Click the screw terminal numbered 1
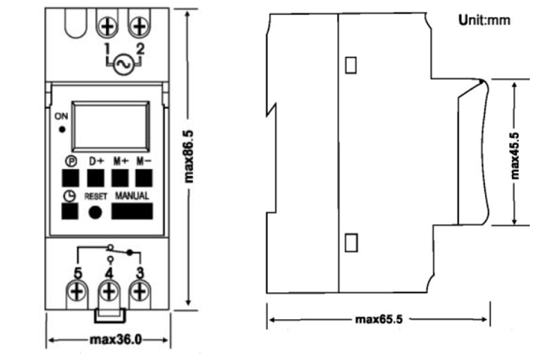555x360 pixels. click(108, 26)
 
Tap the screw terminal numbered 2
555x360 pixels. click(139, 26)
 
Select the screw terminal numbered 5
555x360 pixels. click(77, 292)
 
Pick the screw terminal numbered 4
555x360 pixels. click(109, 292)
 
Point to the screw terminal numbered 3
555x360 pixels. click(140, 292)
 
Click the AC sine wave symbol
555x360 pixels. click(124, 64)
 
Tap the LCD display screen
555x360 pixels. click(111, 127)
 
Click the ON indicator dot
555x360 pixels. click(62, 130)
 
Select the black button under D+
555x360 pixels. click(96, 178)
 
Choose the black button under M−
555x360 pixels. click(144, 178)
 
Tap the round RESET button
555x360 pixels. click(95, 212)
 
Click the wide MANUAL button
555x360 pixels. click(133, 211)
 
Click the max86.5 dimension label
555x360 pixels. click(189, 157)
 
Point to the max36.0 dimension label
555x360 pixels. click(116, 340)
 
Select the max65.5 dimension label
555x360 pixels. click(379, 319)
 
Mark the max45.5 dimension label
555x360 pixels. click(515, 155)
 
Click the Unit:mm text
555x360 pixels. click(484, 20)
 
